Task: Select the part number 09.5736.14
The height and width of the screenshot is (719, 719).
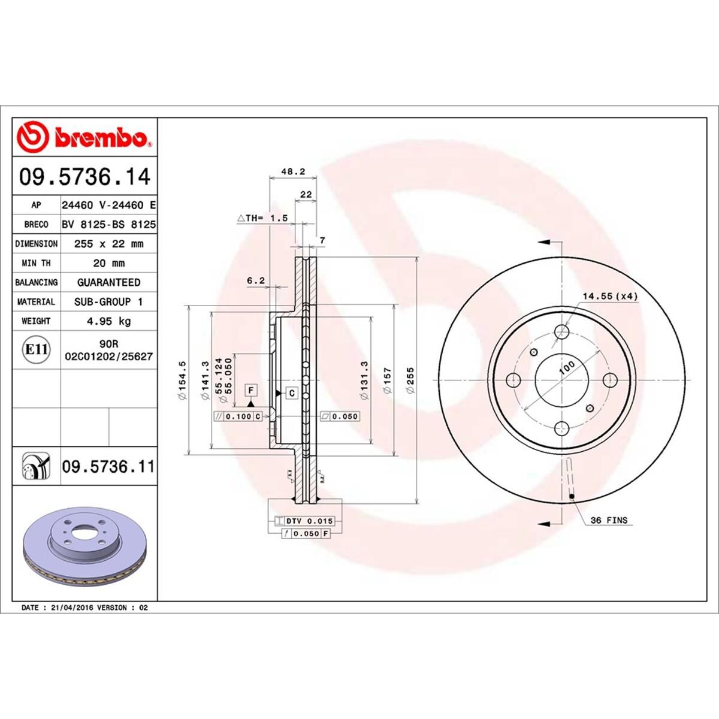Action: [x=84, y=177]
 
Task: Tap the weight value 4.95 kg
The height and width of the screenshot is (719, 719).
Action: [x=108, y=321]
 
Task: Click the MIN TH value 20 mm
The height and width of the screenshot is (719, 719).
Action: [x=108, y=263]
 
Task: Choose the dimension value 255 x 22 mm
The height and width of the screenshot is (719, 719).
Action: [x=108, y=244]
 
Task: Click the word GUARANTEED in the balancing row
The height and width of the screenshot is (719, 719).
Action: [x=108, y=282]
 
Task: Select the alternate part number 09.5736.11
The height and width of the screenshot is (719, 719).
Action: [x=108, y=466]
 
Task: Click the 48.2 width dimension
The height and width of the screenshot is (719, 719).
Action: [x=294, y=171]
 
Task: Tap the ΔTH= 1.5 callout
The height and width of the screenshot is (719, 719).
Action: [x=263, y=218]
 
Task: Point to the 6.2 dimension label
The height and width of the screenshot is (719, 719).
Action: [x=255, y=280]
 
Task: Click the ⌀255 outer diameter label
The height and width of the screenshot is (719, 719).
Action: [x=410, y=380]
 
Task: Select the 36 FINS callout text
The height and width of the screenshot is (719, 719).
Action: [x=609, y=520]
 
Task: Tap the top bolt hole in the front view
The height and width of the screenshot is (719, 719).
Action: [x=562, y=331]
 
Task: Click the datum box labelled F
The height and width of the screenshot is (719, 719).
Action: [x=251, y=391]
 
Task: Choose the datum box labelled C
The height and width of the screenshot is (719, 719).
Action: [x=291, y=394]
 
